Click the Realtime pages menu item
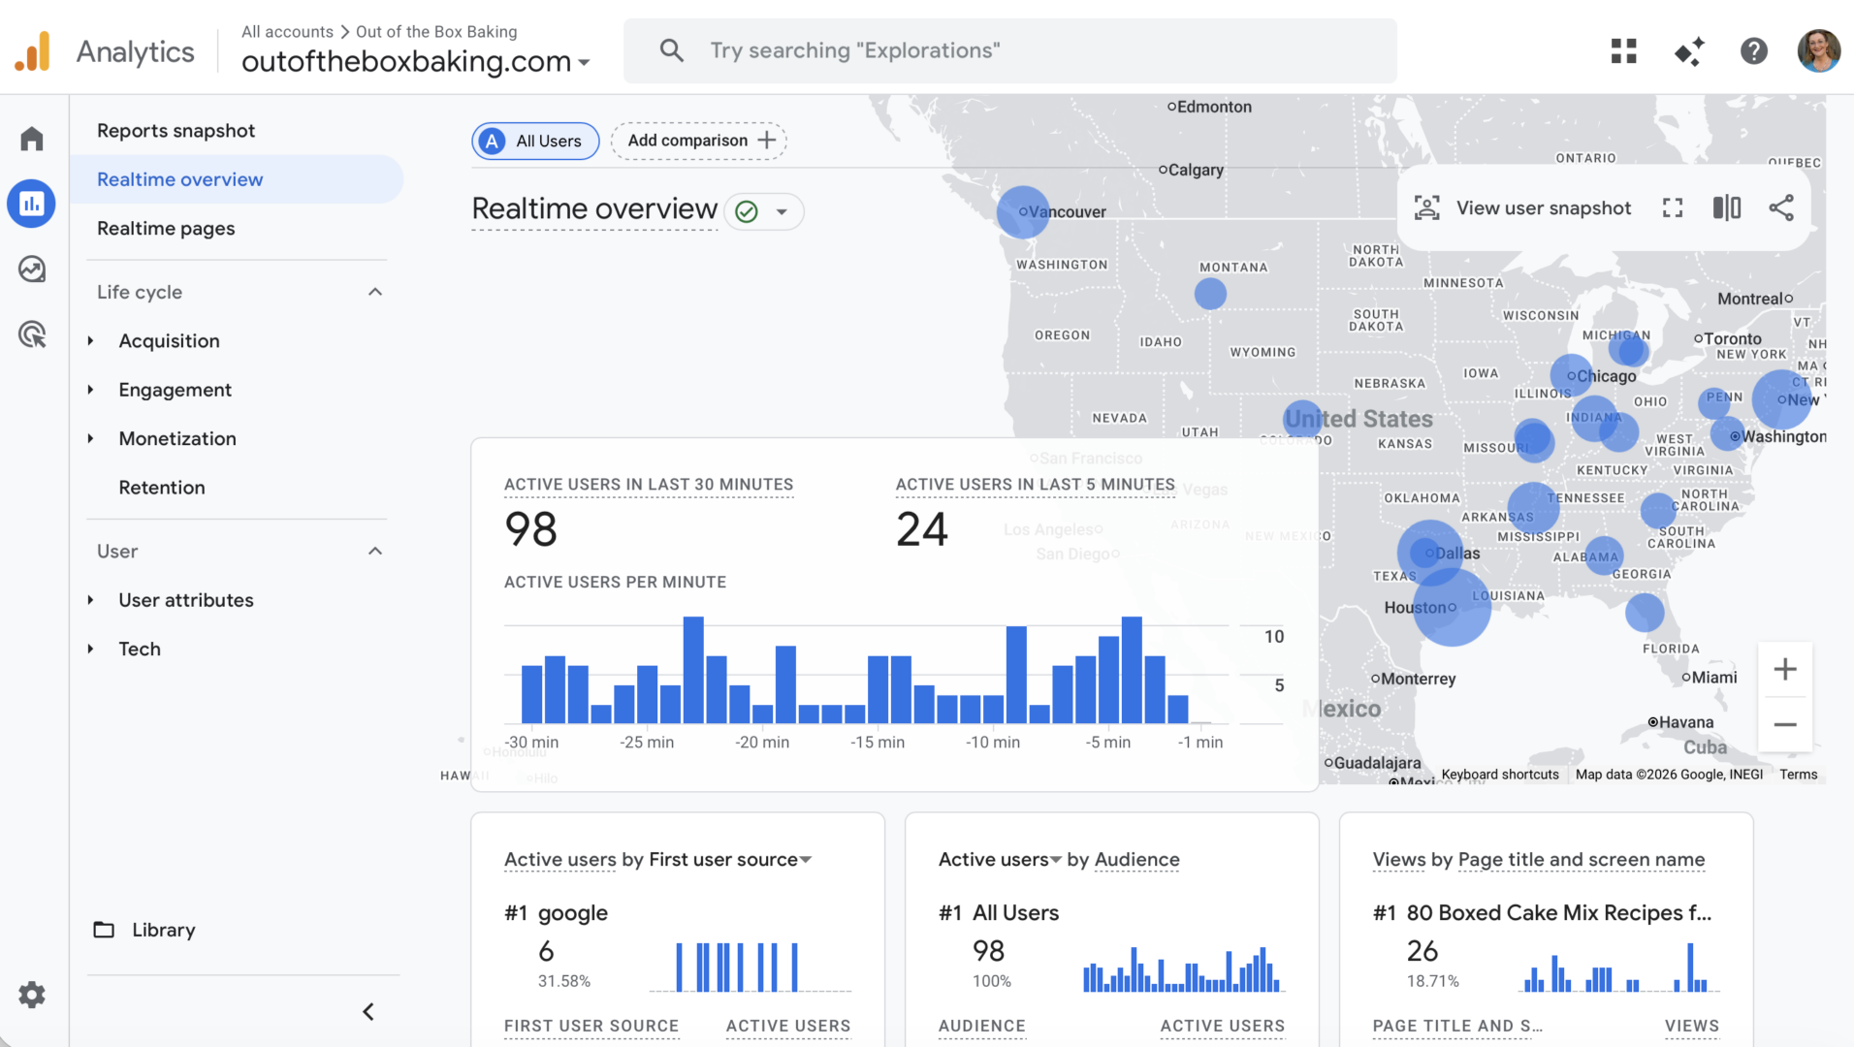click(166, 229)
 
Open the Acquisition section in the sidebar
click(169, 341)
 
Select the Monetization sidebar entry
click(176, 439)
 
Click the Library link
click(163, 930)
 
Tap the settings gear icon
click(32, 995)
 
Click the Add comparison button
click(699, 141)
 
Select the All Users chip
click(535, 142)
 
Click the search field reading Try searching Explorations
click(1008, 50)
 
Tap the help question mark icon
click(1753, 50)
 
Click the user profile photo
click(1818, 50)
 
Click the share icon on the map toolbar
click(1781, 207)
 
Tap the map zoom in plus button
click(1785, 669)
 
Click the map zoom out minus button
click(1785, 724)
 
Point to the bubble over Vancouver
click(1022, 211)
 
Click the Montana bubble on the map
click(1210, 294)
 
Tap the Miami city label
click(1713, 678)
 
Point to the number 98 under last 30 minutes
click(530, 529)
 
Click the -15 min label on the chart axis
click(878, 743)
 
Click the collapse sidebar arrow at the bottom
click(368, 1011)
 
